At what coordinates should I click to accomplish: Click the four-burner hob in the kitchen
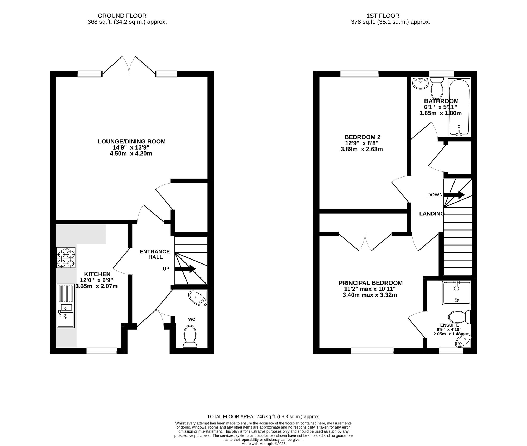[66, 258]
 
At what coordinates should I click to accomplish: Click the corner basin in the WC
[198, 299]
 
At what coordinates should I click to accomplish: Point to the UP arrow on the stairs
[185, 269]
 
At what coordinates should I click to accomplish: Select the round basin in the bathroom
[421, 84]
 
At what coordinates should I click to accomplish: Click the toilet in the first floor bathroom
[437, 88]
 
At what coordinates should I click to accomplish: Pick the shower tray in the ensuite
[457, 293]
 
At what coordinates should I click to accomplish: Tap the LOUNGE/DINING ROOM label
[131, 141]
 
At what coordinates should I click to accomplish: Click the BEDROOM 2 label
[362, 137]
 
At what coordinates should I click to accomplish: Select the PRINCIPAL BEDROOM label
[370, 283]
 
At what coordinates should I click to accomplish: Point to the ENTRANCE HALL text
[155, 254]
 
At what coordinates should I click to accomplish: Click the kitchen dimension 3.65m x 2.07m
[96, 286]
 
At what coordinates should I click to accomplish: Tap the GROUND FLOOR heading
[122, 16]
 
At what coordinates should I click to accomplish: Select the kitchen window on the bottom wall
[101, 351]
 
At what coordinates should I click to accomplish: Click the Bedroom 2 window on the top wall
[359, 74]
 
